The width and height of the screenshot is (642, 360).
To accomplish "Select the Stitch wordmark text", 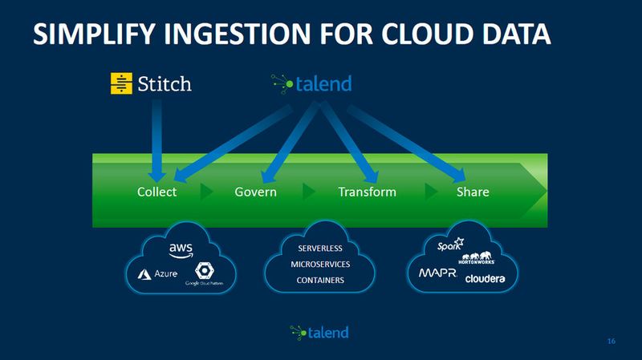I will click(x=164, y=83).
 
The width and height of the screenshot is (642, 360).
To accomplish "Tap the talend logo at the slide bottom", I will click(x=319, y=331).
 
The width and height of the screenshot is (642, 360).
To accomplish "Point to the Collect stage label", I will click(x=156, y=192).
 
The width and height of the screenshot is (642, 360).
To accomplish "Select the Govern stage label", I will click(x=255, y=192).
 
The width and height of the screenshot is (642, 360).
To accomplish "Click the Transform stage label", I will click(x=367, y=192).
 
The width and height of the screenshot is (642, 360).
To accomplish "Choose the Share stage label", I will click(x=472, y=192).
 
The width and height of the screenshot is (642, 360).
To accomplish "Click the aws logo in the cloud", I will click(x=181, y=249).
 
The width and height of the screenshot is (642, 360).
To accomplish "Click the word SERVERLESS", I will click(x=320, y=249).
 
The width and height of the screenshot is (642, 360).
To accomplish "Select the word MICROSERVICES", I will click(x=320, y=265).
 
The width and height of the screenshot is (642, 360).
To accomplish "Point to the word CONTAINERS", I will click(x=320, y=281).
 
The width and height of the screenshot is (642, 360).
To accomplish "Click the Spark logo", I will click(x=445, y=244).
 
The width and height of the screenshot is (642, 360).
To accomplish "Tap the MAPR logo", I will click(x=438, y=275).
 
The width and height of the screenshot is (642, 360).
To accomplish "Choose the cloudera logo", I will click(x=485, y=278).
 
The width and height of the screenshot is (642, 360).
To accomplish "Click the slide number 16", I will click(x=612, y=342).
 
